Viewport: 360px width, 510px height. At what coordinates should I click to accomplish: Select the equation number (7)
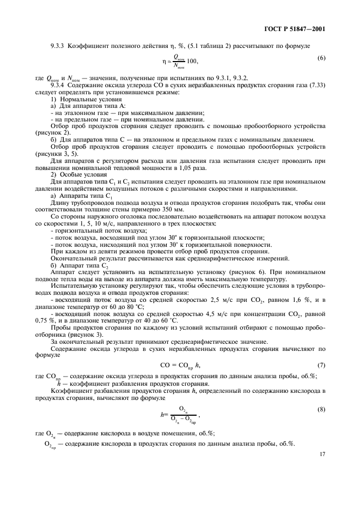(x=321, y=364)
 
